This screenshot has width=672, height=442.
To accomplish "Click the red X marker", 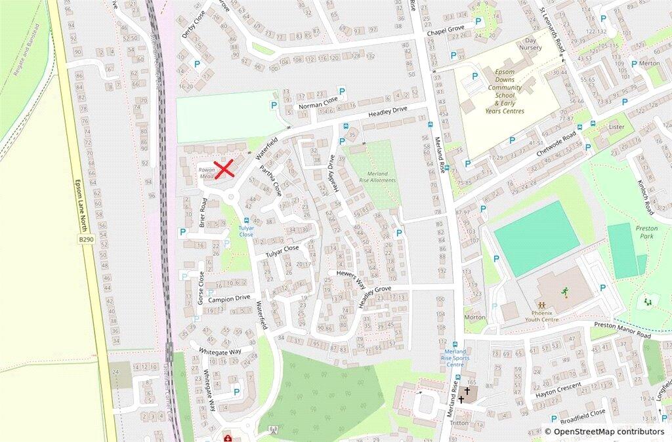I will pos(224,169).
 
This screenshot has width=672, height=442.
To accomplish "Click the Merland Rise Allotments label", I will pos(377,176).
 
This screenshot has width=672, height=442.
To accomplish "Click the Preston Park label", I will pos(646,232).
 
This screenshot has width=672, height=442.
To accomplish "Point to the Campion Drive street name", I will pos(229,298).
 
